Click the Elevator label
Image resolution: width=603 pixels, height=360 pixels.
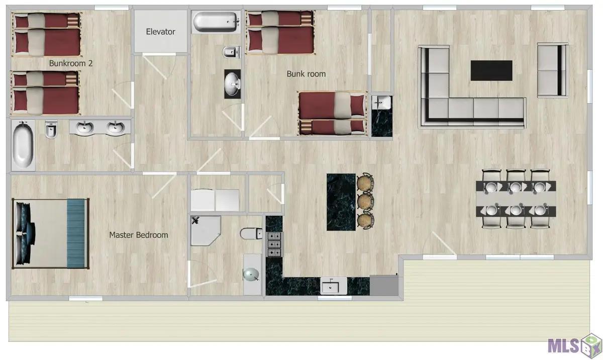click(160, 32)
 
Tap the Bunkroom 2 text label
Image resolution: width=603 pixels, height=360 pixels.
click(71, 63)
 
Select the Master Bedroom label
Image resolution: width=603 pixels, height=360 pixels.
click(138, 235)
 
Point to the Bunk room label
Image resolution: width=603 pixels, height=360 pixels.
click(306, 74)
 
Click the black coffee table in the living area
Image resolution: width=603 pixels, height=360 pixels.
click(491, 70)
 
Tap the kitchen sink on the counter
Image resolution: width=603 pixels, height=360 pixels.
click(334, 286)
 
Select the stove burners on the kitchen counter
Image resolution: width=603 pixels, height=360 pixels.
click(274, 244)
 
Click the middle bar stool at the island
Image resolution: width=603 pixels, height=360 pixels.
click(365, 201)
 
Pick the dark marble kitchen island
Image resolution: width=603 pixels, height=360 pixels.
click(341, 202)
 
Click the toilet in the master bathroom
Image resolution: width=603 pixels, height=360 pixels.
click(251, 233)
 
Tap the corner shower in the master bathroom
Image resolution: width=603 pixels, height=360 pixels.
click(206, 230)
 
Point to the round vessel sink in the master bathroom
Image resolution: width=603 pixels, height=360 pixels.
click(251, 275)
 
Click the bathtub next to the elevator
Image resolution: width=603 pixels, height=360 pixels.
click(216, 22)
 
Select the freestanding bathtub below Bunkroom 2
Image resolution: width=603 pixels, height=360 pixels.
click(23, 145)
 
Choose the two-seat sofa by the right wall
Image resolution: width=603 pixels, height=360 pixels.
click(553, 70)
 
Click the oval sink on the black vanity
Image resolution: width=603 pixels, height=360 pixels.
click(232, 84)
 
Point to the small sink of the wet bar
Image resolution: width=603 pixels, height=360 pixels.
click(381, 103)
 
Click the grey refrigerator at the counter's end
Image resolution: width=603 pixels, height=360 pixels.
click(384, 286)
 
